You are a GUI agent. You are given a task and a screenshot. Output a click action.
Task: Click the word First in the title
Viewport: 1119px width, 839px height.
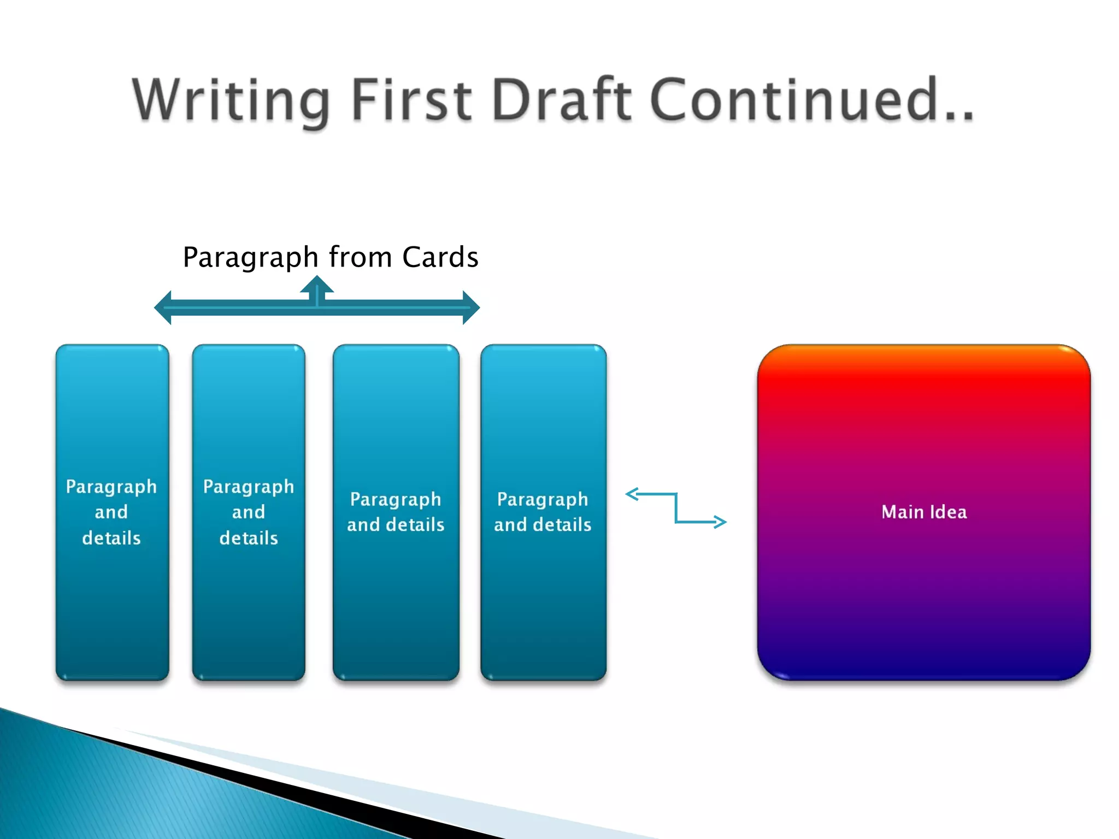click(411, 100)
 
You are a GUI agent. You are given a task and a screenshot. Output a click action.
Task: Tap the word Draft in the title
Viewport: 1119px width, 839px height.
click(562, 100)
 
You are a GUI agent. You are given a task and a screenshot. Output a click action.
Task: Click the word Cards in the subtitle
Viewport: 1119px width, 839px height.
click(440, 257)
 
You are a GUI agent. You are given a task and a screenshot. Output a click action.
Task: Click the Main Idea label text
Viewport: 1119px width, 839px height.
click(924, 512)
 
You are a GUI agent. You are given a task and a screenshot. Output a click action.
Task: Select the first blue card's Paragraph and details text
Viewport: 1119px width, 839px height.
click(111, 512)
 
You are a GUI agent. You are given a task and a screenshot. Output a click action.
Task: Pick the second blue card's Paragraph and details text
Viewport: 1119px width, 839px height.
click(249, 512)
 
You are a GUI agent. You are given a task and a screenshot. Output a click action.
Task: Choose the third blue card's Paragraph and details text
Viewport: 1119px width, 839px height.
click(396, 512)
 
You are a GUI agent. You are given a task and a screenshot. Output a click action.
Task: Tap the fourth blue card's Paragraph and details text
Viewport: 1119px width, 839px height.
click(543, 512)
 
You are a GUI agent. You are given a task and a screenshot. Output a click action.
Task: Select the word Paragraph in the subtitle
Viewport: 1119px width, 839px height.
click(250, 257)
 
